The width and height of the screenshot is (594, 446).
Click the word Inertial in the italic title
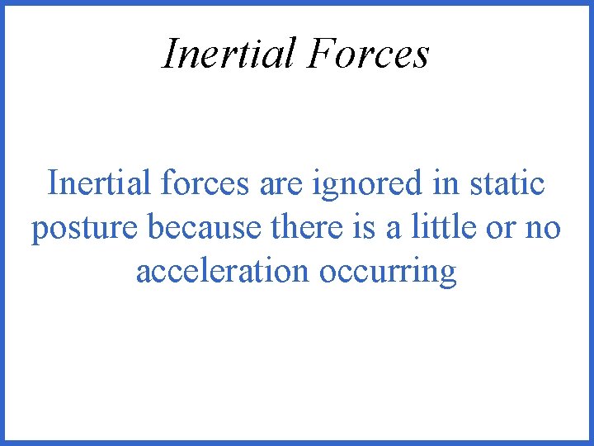click(228, 55)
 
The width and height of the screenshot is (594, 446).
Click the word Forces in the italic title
click(369, 55)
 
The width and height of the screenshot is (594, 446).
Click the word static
click(507, 183)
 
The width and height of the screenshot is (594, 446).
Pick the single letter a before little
click(394, 230)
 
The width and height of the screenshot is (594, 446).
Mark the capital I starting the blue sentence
click(52, 183)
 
